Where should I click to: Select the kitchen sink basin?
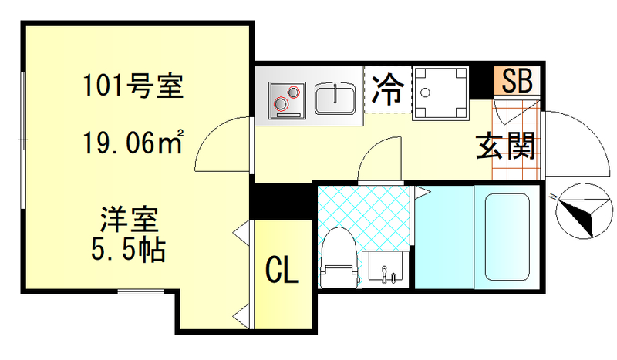coord(335,99)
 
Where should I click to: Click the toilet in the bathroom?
coord(338,258)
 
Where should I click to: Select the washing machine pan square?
coord(441,94)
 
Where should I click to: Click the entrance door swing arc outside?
coord(575,143)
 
